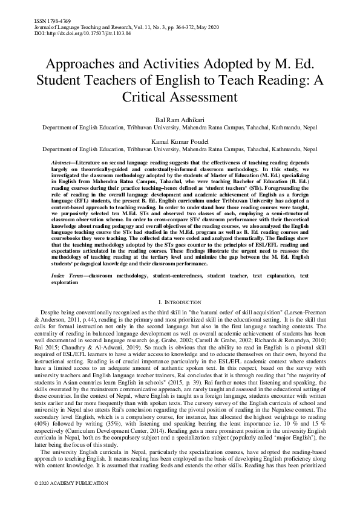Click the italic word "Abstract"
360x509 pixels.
click(x=61, y=163)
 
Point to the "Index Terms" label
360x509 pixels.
click(x=66, y=275)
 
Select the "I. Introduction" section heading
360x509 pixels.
click(x=180, y=301)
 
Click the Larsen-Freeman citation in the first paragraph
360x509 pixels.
click(x=308, y=311)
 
